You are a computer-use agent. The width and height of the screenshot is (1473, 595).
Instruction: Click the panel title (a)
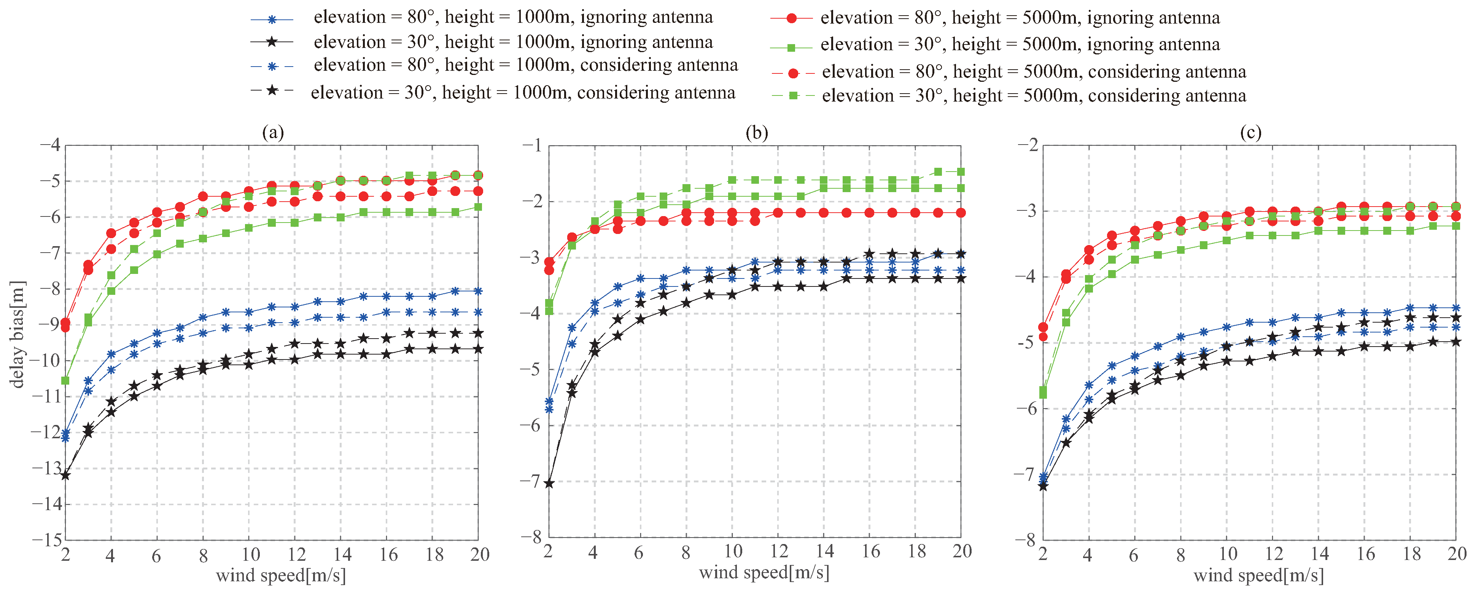(x=273, y=133)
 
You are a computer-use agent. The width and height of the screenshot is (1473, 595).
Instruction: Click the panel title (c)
(x=1250, y=133)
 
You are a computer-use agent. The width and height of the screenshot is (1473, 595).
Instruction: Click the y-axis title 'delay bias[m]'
(x=18, y=335)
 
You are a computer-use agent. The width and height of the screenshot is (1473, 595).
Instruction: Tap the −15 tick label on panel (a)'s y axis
(x=46, y=539)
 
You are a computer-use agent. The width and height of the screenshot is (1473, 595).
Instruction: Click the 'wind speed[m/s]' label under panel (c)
(x=1258, y=575)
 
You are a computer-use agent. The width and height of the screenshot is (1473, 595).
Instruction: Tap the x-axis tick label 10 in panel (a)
(x=250, y=554)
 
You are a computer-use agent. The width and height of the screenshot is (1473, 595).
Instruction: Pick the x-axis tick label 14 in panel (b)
(x=824, y=552)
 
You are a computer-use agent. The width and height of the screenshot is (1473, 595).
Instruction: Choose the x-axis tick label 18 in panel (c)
(x=1411, y=554)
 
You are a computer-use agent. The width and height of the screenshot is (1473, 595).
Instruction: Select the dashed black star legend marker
(x=272, y=90)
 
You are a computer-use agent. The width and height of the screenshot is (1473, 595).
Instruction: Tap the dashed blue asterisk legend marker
(x=272, y=66)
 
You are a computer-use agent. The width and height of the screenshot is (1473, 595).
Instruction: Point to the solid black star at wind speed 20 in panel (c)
(x=1456, y=342)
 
